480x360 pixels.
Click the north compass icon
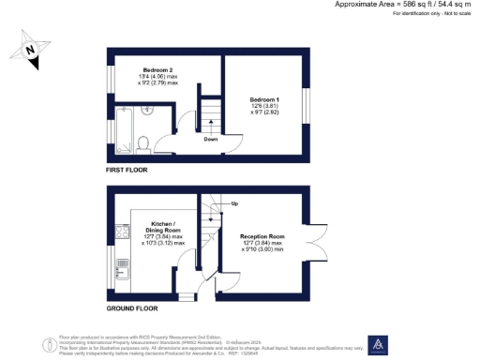(x=33, y=50)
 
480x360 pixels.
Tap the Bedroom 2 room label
(x=158, y=70)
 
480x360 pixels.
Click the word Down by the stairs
(x=212, y=140)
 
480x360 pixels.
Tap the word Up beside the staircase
(x=234, y=203)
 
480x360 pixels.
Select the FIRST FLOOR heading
(x=127, y=170)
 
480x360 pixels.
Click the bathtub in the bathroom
(x=121, y=131)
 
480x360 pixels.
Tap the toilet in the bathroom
(x=142, y=143)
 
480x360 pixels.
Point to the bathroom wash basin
(x=148, y=111)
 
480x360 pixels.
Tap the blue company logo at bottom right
(x=380, y=345)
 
